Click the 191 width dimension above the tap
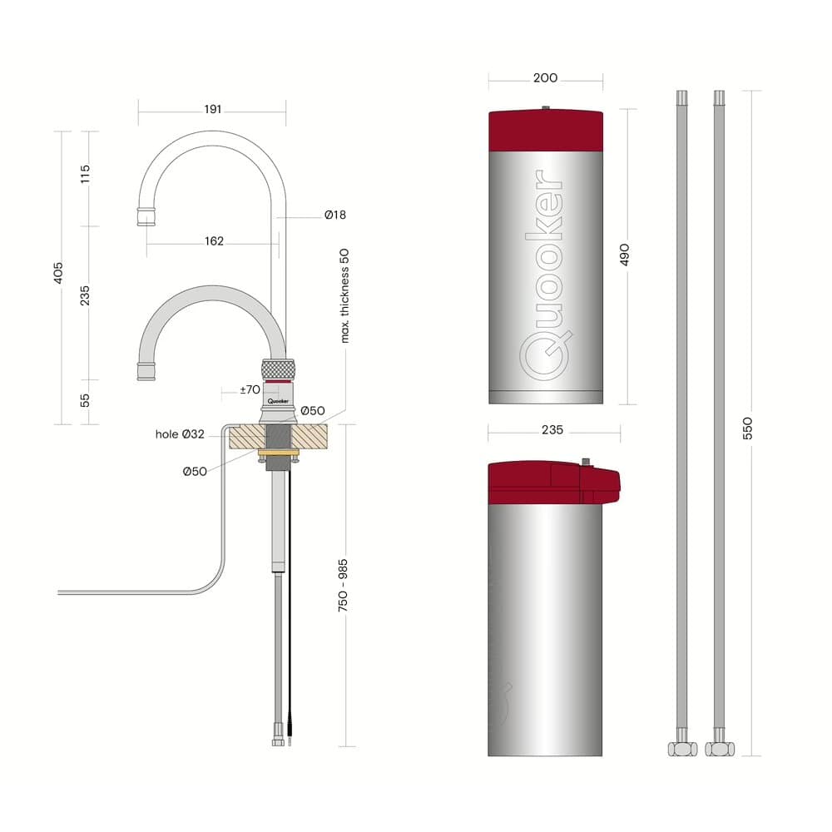coord(213,110)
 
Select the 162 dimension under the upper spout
coord(214,241)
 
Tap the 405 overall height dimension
coord(58,275)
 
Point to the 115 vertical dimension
coord(85,175)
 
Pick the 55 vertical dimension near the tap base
coord(85,400)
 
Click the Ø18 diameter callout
coord(335,215)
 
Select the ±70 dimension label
coord(250,389)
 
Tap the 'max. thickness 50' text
coord(345,295)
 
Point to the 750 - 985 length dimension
coord(344,586)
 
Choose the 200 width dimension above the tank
coord(545,78)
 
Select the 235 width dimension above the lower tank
coord(552,430)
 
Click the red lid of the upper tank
coord(545,131)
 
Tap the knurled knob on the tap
coord(278,369)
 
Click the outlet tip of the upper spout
coord(146,218)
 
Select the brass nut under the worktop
coord(278,453)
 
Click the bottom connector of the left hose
coord(681,748)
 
